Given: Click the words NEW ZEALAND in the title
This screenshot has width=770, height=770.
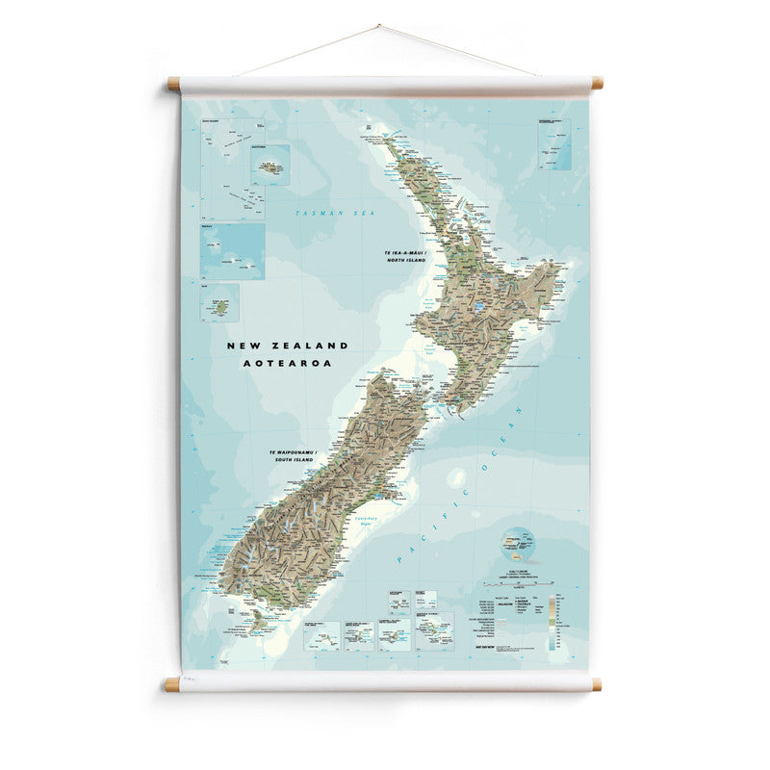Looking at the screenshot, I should point(288,345).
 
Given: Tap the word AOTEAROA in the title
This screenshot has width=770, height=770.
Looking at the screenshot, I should point(288,364).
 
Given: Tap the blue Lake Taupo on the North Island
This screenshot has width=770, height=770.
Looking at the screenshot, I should point(479,309).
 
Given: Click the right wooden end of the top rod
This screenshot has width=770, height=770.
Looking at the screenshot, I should point(597,84).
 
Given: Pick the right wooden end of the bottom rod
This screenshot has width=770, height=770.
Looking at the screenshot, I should point(597,684).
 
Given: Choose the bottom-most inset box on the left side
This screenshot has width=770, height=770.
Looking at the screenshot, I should point(219,302).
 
